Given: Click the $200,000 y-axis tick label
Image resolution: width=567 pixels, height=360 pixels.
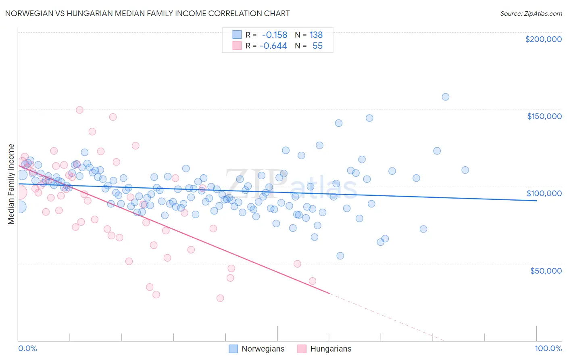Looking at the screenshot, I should click(x=543, y=39).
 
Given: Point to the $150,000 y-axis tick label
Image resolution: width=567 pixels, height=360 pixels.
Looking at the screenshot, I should click(x=544, y=116).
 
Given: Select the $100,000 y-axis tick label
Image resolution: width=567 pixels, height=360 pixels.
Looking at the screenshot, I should click(x=544, y=193).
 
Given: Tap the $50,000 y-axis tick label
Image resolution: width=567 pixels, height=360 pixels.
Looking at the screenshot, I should click(x=546, y=271).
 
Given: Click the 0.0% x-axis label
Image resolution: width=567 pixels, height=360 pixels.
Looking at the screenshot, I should click(x=27, y=348).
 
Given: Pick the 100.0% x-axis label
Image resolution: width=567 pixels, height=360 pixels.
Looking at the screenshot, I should click(x=548, y=348).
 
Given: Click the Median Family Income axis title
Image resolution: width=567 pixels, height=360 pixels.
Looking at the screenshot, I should click(x=11, y=184).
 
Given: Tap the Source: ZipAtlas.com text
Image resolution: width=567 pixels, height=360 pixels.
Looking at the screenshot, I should click(x=531, y=13).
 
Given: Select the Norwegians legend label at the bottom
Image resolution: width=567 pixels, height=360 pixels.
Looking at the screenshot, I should click(x=263, y=349).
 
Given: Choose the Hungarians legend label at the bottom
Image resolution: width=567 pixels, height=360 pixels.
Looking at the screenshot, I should click(x=331, y=349).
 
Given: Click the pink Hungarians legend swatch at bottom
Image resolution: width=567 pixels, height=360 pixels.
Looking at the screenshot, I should click(x=302, y=349).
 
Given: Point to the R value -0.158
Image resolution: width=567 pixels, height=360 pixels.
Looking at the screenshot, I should click(x=274, y=35).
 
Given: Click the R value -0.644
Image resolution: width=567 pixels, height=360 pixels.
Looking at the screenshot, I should click(x=273, y=46).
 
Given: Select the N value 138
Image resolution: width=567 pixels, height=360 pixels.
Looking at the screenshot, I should click(x=316, y=35).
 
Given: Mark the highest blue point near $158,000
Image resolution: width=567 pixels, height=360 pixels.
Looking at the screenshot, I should click(x=446, y=97).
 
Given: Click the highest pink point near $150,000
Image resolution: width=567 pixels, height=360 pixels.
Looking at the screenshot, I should click(x=79, y=110).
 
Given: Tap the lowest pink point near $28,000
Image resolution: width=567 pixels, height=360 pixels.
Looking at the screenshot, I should click(x=220, y=298).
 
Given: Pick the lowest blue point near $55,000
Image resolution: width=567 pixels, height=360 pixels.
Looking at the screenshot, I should click(x=340, y=256).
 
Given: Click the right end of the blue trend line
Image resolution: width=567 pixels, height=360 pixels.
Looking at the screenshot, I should click(x=536, y=201).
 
